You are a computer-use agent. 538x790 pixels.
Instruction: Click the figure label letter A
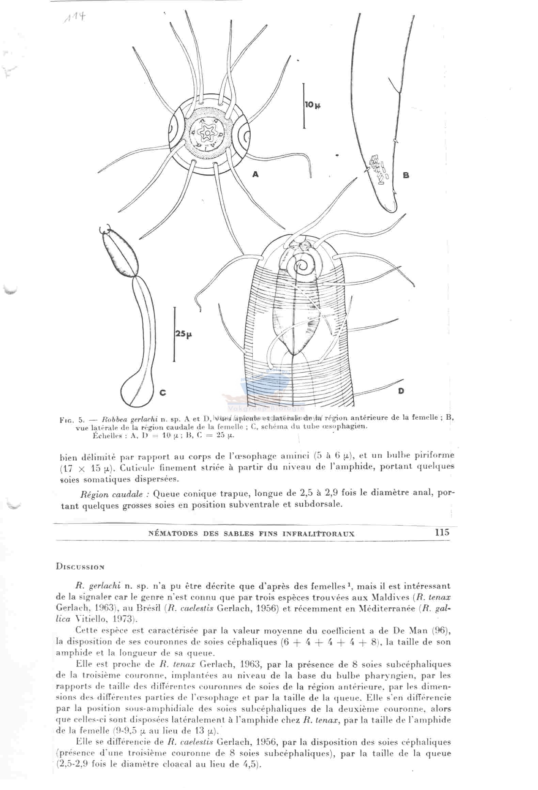[x=255, y=174]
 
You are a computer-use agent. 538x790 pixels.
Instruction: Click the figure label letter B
[x=406, y=175]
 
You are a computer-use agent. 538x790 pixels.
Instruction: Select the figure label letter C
[x=163, y=392]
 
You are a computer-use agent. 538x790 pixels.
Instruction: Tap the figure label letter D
[x=401, y=391]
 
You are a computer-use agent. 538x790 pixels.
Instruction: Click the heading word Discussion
[x=80, y=567]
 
